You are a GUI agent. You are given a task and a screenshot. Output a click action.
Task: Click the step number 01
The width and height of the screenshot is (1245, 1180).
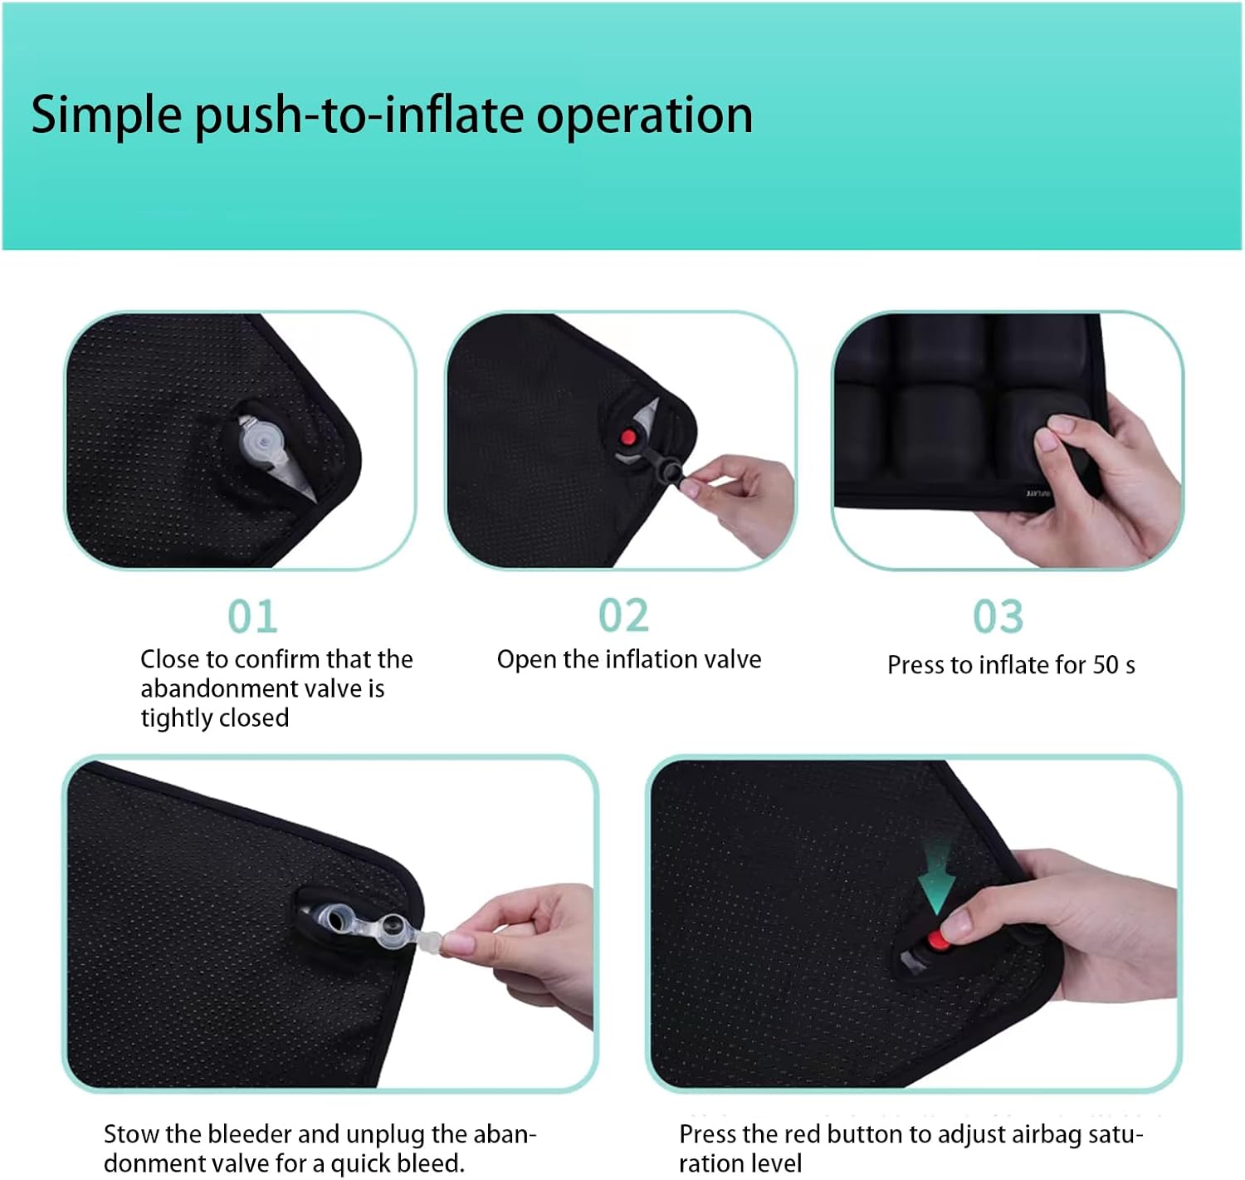[x=252, y=617]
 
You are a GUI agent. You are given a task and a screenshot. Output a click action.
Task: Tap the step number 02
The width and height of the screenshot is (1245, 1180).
[x=623, y=616]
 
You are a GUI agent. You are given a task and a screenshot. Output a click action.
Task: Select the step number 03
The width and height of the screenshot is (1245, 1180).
[x=998, y=617]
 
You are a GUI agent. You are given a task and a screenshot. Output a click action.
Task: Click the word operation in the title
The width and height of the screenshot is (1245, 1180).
[x=644, y=115]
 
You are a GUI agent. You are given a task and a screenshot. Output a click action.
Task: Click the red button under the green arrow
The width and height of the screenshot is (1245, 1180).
[x=937, y=942]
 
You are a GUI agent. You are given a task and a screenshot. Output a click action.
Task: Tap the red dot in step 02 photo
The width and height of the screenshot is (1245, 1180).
[x=628, y=437]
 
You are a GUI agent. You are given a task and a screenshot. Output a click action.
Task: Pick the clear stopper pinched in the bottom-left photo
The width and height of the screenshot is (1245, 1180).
[x=431, y=943]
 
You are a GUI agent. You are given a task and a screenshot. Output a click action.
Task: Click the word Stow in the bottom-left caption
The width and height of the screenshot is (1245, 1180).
[x=131, y=1134]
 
